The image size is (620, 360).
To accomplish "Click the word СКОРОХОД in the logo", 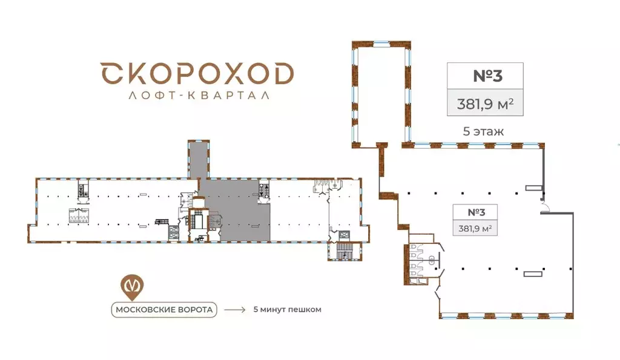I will coord(197,74).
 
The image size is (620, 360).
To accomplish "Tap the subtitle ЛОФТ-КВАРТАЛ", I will coord(197,95).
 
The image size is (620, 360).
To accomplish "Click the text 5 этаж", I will coord(483,131).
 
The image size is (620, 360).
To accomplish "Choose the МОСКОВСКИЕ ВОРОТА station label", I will coord(163,310).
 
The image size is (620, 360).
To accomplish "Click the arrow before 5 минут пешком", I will coord(234,310).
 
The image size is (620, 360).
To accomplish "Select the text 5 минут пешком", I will coord(287,310).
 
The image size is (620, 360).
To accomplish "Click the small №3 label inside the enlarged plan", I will coord(477,212).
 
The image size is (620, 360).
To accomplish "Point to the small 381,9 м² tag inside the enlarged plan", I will coord(475,228).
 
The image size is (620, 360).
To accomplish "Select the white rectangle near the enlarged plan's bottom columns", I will coord(533,273).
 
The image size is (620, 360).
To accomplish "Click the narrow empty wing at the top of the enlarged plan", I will coord(381,94).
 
